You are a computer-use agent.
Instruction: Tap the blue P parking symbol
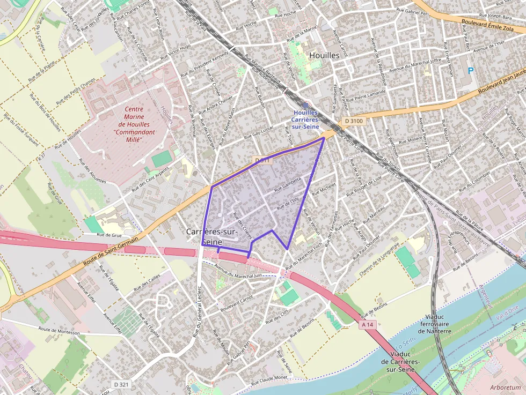(471, 70)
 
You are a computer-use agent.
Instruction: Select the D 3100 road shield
(354, 121)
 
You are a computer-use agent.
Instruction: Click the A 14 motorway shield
(367, 324)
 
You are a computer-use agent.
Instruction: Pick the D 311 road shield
(261, 160)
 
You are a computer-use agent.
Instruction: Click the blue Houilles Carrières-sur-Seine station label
(305, 120)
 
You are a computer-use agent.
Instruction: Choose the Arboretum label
(505, 387)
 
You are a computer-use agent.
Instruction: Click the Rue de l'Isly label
(288, 203)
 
